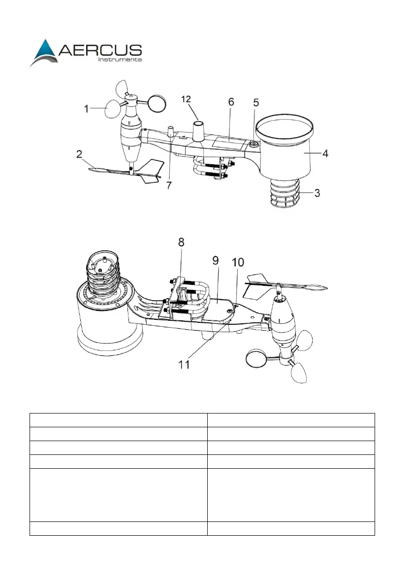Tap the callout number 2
coord(79,154)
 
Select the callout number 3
coord(318,193)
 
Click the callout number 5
coord(255,103)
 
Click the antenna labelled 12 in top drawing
coord(199,130)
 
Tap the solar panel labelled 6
coord(229,143)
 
